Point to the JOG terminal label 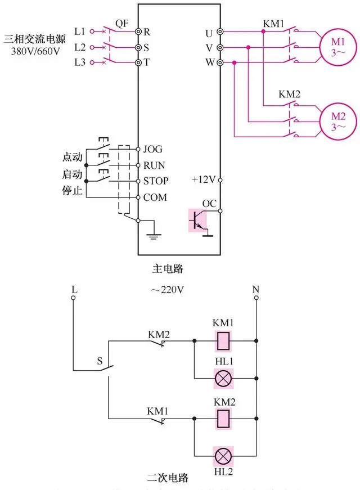153,149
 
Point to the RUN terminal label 154,165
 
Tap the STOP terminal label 156,181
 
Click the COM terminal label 155,197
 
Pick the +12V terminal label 204,180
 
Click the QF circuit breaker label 122,23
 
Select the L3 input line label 80,62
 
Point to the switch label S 100,360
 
